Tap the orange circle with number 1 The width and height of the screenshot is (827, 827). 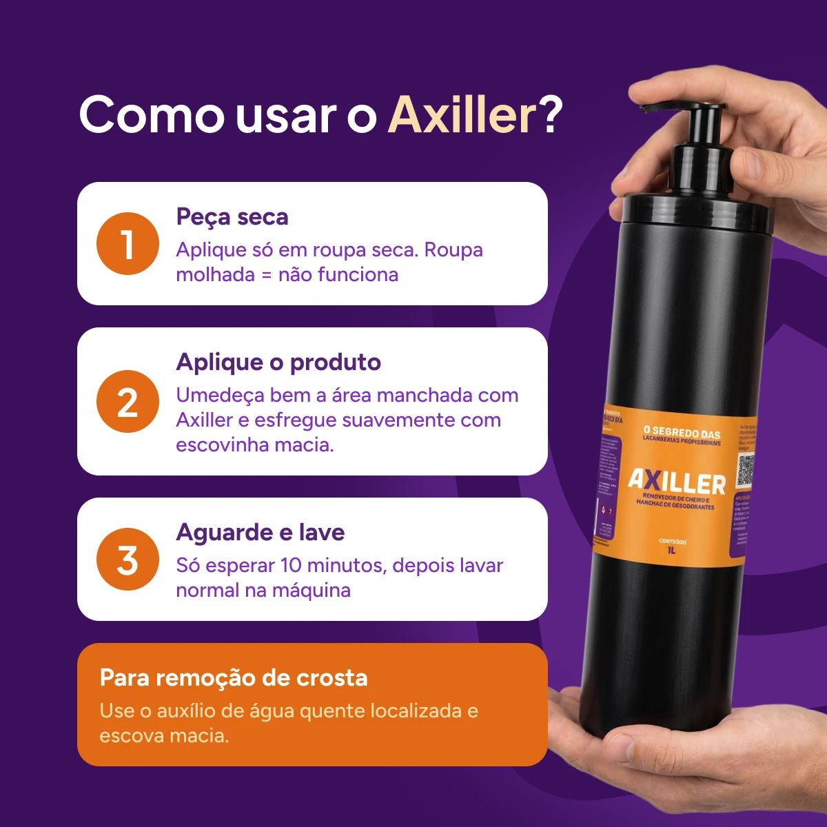tap(127, 244)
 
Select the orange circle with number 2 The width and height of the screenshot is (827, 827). tap(127, 402)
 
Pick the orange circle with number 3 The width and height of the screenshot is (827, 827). tap(127, 559)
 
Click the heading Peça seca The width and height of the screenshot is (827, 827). tap(232, 216)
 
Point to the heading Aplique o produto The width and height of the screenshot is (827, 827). tap(278, 362)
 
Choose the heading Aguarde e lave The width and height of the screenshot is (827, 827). tap(261, 532)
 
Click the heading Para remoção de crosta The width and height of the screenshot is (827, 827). tap(234, 677)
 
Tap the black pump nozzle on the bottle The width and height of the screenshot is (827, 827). tap(662, 110)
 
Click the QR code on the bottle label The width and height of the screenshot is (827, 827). tap(746, 471)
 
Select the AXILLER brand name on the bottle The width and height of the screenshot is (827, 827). tap(676, 482)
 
